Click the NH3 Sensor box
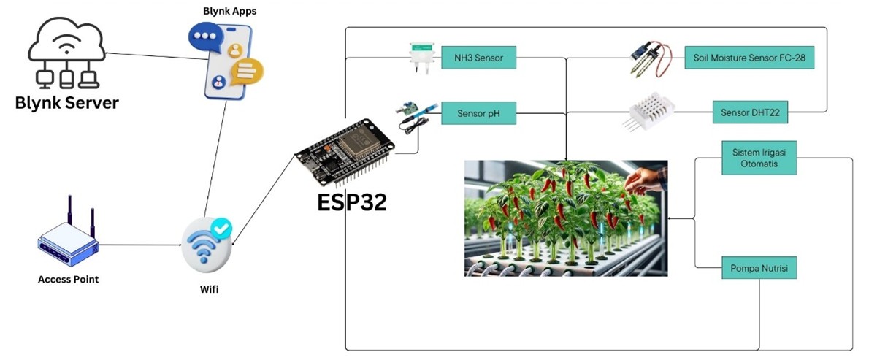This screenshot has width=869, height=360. (478, 58)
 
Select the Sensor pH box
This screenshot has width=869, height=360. (478, 113)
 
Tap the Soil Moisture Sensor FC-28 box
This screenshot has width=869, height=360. (749, 58)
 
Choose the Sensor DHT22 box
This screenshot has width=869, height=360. (750, 113)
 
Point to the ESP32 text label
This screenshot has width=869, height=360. (351, 202)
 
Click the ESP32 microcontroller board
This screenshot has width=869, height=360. (344, 151)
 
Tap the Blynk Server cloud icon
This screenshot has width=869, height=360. (66, 55)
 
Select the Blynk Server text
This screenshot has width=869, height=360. (66, 103)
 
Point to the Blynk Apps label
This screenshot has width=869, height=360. (229, 11)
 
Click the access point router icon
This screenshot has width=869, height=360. (68, 236)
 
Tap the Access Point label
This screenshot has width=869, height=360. (68, 279)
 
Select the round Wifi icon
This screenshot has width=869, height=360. (207, 245)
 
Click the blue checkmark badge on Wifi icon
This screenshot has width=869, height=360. (221, 229)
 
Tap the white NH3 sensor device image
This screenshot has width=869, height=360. (421, 58)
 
